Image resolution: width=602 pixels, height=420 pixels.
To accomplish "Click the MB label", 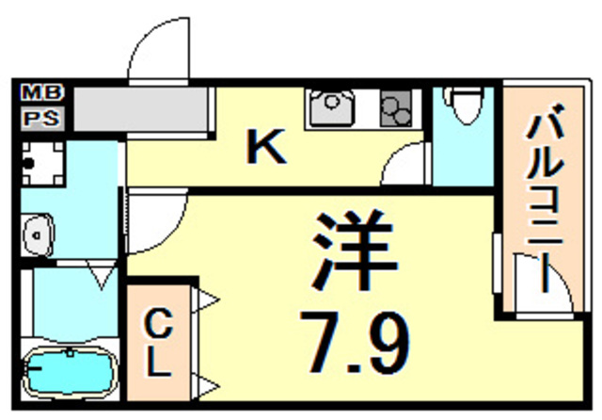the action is coord(41,93).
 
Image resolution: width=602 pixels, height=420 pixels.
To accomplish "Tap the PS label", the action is coord(41,119).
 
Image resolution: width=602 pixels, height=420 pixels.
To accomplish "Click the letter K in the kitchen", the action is coord(266,146).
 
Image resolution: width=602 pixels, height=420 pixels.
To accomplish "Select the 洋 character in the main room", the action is coord(356,250).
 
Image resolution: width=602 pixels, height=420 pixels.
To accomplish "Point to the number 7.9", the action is coord(356,342).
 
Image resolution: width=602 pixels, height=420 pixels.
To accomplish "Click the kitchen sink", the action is coord(331,108).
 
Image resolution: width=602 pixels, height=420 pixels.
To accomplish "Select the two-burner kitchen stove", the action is coord(396,108).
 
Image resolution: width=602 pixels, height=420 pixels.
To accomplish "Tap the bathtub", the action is coord(70,372).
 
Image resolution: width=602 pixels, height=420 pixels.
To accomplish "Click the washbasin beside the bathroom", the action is coord(38,234).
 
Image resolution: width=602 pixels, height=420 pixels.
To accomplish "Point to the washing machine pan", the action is coord(42,163).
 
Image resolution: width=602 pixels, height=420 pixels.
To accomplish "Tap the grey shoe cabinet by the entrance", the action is coord(140,109).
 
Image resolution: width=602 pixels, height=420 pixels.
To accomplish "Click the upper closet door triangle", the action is coord(205,299).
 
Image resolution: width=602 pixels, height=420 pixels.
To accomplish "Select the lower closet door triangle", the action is coord(205,386).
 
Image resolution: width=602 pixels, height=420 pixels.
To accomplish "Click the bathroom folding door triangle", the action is coord(102,274).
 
